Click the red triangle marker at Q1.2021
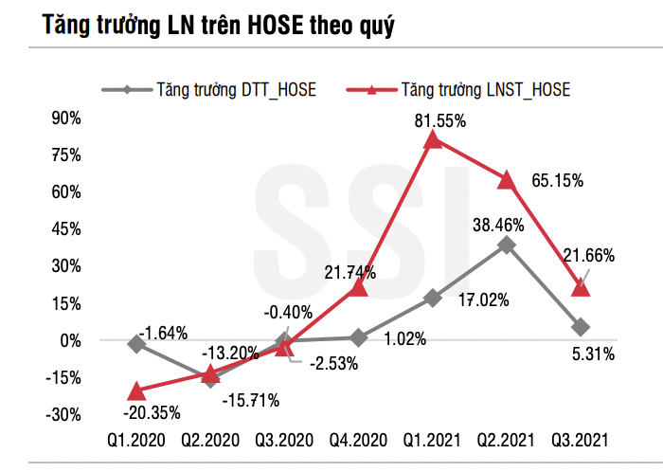(x=432, y=140)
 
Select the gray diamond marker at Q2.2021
(x=507, y=245)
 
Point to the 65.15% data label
(x=554, y=179)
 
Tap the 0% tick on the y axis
(x=74, y=340)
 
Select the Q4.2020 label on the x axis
(x=358, y=440)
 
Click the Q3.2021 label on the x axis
(x=580, y=440)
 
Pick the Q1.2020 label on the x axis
(x=136, y=440)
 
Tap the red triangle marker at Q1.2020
(x=136, y=390)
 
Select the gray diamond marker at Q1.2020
(x=136, y=344)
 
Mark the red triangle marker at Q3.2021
(x=581, y=287)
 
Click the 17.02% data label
(x=482, y=300)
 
